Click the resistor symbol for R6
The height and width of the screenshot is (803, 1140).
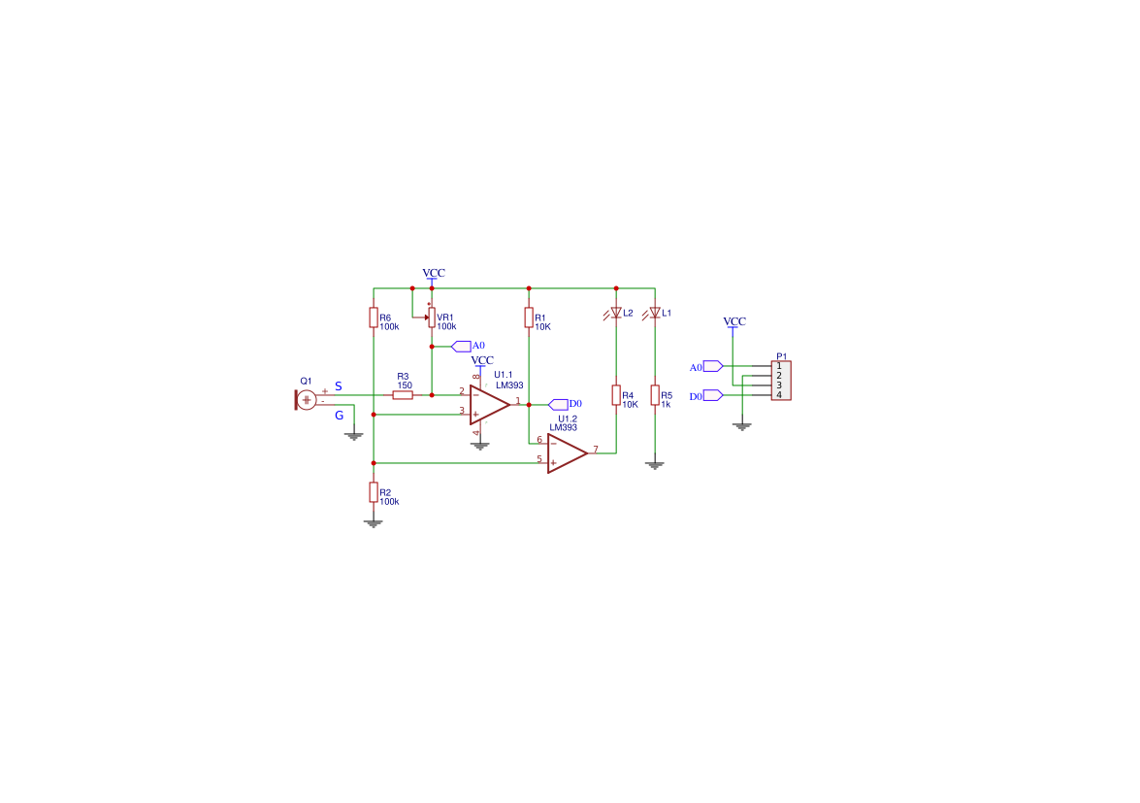(x=374, y=318)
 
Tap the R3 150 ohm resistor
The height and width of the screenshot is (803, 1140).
(x=403, y=395)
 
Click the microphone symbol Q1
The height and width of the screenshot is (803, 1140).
(x=306, y=399)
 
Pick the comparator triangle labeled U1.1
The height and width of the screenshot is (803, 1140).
(x=489, y=404)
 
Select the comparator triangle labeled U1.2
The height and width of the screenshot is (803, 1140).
(x=567, y=452)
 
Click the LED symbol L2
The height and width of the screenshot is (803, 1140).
(x=616, y=313)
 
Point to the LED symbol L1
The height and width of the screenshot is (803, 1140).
(x=655, y=313)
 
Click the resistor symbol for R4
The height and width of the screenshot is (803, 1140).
(x=616, y=395)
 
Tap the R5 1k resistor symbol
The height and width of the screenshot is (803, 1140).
(x=655, y=395)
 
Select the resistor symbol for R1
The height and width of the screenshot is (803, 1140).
(x=529, y=318)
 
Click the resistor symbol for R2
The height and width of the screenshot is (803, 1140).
(x=374, y=492)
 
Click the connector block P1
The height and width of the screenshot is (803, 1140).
(x=781, y=381)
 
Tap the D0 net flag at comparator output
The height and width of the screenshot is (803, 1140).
(x=559, y=404)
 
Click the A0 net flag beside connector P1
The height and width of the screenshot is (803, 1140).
(x=712, y=366)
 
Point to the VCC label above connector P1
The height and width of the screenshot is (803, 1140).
(x=734, y=321)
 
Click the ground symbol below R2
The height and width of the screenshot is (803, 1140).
(x=374, y=523)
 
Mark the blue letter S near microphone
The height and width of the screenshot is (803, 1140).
(x=338, y=386)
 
